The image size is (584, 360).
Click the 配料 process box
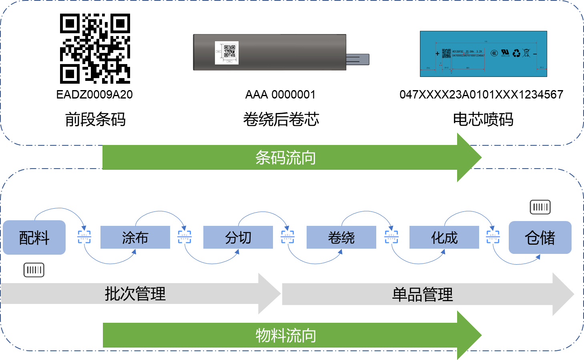tap(34, 237)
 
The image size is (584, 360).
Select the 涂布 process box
tap(135, 237)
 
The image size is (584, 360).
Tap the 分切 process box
tap(238, 237)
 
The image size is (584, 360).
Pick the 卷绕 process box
tap(341, 237)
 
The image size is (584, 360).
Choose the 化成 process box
tap(444, 237)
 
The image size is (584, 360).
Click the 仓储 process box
tap(540, 237)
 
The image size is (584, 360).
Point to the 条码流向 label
tap(285, 158)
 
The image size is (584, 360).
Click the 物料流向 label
tap(285, 336)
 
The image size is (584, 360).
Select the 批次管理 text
tap(135, 294)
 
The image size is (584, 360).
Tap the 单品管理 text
tap(422, 295)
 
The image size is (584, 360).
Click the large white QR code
tap(95, 48)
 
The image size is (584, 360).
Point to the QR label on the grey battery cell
tap(227, 52)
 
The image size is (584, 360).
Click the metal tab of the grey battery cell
tap(357, 59)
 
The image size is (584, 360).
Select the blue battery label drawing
tap(483, 54)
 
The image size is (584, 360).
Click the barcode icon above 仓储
tap(540, 207)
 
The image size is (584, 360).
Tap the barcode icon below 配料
tap(34, 270)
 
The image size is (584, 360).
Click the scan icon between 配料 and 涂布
tap(84, 237)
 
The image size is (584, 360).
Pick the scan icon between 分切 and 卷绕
tap(287, 237)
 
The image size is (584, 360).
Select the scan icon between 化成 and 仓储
tap(493, 237)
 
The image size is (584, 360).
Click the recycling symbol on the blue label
tap(516, 53)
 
